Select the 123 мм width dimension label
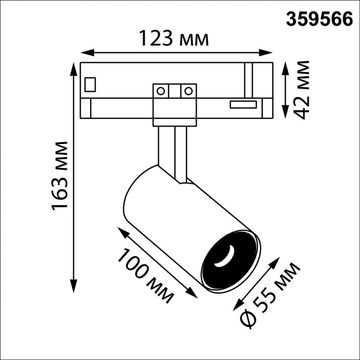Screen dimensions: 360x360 (174, 39)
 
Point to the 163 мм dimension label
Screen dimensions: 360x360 (61, 175)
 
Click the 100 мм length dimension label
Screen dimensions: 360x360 (145, 276)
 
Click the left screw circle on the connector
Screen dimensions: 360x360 (161, 92)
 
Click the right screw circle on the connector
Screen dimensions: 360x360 (188, 92)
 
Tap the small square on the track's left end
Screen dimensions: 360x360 (91, 84)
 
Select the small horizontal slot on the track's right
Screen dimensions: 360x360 (243, 105)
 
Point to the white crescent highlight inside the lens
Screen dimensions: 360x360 (225, 259)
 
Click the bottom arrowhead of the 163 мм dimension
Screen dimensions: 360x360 (74, 289)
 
